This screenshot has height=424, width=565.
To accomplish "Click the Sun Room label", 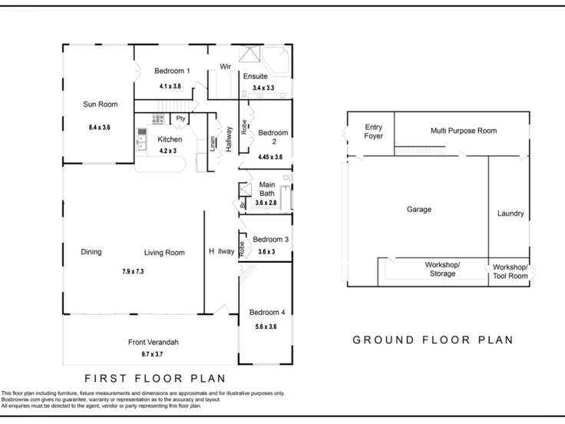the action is [100, 104].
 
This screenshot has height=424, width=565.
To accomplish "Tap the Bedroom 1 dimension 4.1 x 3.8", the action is [170, 86].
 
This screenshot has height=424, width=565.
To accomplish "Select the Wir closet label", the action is [225, 67].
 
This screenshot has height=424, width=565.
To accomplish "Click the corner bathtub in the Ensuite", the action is [276, 61].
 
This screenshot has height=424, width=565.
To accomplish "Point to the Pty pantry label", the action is [180, 118].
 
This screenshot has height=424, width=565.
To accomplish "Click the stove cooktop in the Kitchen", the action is [157, 119].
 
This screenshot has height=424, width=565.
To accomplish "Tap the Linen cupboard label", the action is [213, 144].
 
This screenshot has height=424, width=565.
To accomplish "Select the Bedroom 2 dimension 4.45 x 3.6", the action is [270, 157].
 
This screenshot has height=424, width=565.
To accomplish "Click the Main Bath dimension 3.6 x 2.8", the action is [266, 203].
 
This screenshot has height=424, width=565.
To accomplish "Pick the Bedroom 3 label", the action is [271, 240].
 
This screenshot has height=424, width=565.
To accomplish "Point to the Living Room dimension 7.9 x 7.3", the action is [133, 271].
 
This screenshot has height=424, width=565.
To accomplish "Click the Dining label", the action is [91, 252].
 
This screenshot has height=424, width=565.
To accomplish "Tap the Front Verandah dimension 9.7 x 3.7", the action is [152, 354].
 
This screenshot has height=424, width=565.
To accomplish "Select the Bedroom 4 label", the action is [267, 312].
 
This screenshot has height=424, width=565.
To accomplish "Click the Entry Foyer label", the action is [373, 131].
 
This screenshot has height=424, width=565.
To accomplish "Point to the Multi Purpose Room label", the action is [464, 131].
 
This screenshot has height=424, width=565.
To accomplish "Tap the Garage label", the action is [419, 210].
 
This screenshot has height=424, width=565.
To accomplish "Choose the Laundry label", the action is [510, 214].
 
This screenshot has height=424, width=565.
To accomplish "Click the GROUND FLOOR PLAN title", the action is [433, 340].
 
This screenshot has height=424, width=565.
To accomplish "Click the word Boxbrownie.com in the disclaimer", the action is [18, 399].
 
